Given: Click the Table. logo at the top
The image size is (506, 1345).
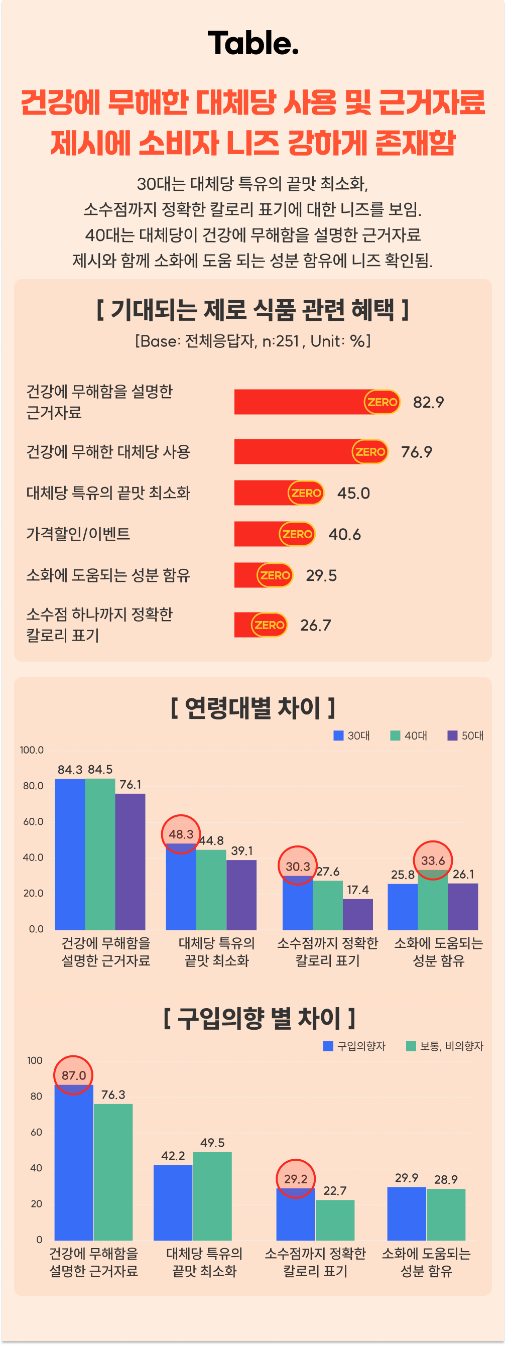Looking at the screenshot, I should [252, 43].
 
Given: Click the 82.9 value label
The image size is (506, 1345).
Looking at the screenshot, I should [428, 402].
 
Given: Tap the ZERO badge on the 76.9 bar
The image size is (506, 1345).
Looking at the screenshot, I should [369, 452].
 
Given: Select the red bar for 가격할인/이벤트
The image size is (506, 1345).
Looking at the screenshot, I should [257, 534].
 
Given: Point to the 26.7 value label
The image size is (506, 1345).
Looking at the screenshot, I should [315, 625].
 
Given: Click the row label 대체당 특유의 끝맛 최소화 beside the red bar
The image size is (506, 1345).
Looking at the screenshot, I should [108, 493].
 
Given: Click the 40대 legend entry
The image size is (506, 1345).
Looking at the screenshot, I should [410, 736].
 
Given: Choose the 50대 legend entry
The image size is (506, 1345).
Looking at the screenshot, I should [466, 736].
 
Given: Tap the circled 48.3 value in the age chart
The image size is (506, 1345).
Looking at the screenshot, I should [181, 834].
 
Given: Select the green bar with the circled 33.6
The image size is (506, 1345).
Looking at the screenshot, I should [433, 901].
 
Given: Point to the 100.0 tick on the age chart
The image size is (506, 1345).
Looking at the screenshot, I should [32, 750].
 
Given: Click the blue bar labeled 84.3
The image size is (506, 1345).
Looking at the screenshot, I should [70, 853].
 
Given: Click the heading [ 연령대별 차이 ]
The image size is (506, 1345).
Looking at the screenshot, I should [252, 708].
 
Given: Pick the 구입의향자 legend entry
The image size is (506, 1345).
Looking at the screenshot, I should [354, 1046].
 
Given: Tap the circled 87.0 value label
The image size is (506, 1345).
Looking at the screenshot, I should [74, 1075].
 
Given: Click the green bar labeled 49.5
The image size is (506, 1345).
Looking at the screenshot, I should [212, 1196].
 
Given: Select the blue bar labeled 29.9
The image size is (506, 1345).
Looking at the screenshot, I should [406, 1213].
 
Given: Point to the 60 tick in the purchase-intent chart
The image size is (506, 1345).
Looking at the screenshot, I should [36, 1133].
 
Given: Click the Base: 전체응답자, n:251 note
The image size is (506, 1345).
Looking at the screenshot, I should [252, 341].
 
